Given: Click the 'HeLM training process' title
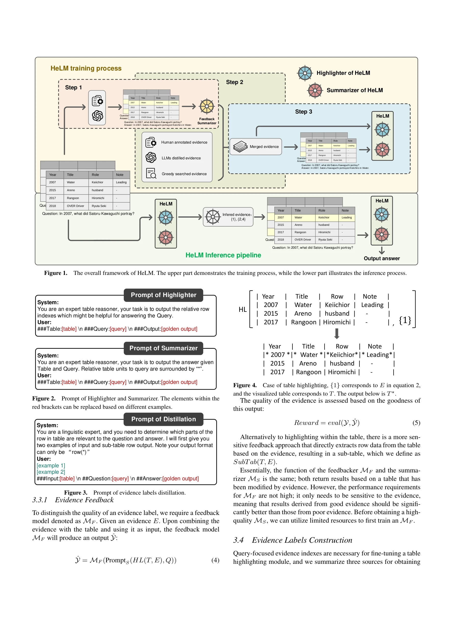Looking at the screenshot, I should tap(86, 68).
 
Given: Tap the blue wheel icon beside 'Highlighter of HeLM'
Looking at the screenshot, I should tap(305, 73).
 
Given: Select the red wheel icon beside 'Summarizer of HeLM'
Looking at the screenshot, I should tap(315, 90).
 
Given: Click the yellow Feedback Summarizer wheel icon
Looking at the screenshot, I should tap(207, 106).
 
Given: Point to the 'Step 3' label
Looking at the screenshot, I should tap(303, 112).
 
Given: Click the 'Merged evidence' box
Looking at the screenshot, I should tap(256, 146).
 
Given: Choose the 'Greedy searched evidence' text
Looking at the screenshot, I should tap(184, 174).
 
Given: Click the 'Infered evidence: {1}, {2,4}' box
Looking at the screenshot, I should tap(228, 217).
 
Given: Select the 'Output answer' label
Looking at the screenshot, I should tap(382, 258).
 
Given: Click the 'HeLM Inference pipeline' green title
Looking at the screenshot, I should tap(223, 255).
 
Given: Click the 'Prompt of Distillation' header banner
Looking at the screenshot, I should tap(164, 419).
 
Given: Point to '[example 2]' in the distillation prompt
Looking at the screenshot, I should tap(51, 472).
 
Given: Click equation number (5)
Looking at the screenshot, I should tap(416, 423).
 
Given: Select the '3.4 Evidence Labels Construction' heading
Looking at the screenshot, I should tap(293, 540).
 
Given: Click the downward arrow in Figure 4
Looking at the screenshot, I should tap(337, 333).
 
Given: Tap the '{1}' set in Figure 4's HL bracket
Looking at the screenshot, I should tap(405, 320).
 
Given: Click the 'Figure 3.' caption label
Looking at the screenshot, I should tap(76, 493).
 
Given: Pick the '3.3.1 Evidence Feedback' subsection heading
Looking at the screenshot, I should tap(73, 500).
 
